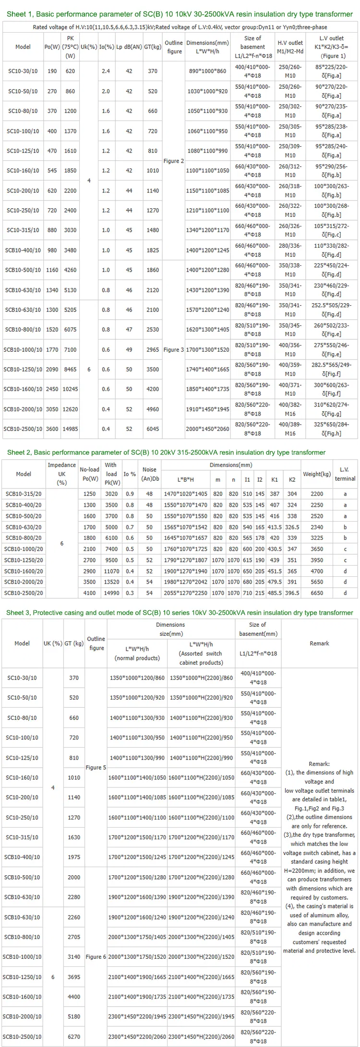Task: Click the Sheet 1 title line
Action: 180,14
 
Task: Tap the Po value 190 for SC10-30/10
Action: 52,71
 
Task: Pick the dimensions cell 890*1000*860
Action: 207,71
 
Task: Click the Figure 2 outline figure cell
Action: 174,161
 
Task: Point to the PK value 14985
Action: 70,429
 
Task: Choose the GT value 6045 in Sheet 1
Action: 153,429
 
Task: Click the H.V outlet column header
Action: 290,47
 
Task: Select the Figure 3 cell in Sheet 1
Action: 174,350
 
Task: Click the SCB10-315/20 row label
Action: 24,494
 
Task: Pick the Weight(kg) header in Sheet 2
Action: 317,474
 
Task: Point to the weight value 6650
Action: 317,593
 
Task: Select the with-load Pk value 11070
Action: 111,571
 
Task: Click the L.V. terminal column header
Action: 345,474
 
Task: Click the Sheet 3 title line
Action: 180,613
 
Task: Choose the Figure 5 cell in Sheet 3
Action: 96,767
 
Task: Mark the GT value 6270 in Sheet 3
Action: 74,1036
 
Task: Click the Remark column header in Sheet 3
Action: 319,643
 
